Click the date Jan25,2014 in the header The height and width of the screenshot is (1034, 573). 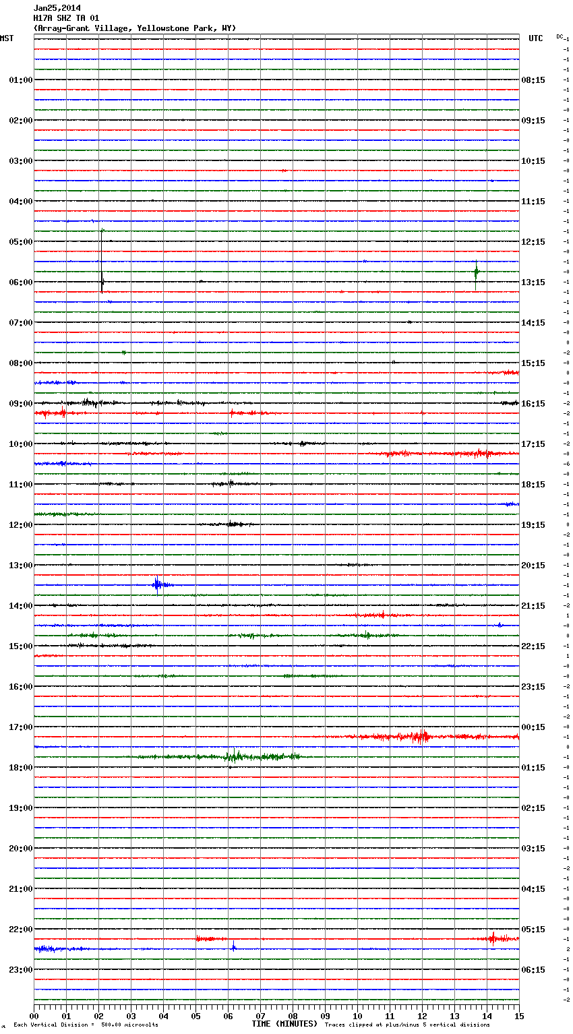pyautogui.click(x=57, y=8)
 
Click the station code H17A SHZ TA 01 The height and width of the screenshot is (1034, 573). pyautogui.click(x=66, y=18)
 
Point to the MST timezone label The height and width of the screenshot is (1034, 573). pyautogui.click(x=7, y=38)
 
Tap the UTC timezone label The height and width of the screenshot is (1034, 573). pyautogui.click(x=535, y=38)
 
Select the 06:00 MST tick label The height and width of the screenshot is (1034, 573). pyautogui.click(x=21, y=282)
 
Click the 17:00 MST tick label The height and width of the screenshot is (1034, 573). pyautogui.click(x=21, y=727)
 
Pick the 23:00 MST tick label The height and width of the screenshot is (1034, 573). pyautogui.click(x=21, y=970)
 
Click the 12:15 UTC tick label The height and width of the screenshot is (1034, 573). pyautogui.click(x=533, y=242)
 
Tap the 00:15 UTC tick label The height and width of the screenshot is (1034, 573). pyautogui.click(x=533, y=727)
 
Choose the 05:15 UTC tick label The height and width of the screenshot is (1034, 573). pyautogui.click(x=533, y=930)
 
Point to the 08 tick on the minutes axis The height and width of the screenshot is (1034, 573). pyautogui.click(x=293, y=1016)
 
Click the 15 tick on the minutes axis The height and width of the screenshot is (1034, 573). pyautogui.click(x=519, y=1016)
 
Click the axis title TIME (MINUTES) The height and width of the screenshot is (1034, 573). pyautogui.click(x=284, y=1024)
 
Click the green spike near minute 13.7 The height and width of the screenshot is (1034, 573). pyautogui.click(x=476, y=272)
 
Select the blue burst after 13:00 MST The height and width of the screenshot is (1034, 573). pyautogui.click(x=158, y=584)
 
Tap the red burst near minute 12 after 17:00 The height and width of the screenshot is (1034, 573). pyautogui.click(x=421, y=737)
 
